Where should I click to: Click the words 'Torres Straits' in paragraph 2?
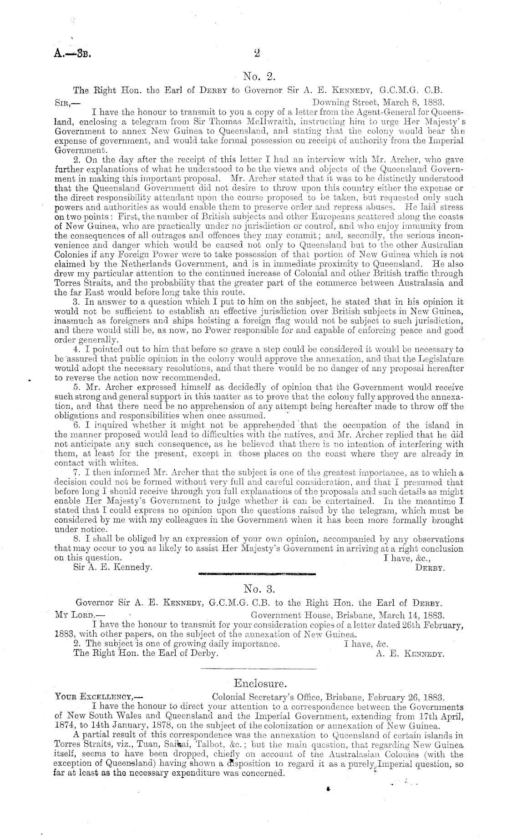81,283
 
